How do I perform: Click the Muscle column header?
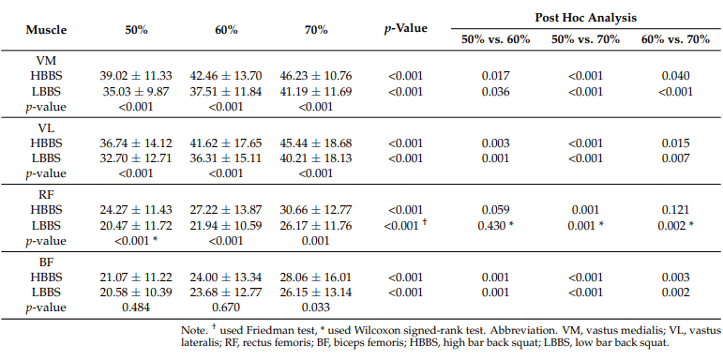click(46, 30)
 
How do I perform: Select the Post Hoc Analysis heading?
click(585, 18)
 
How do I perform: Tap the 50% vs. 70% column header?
click(585, 39)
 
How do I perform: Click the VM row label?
click(46, 60)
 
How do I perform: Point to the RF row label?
click(46, 194)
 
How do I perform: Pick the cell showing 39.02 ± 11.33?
click(136, 76)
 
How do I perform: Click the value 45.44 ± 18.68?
click(316, 142)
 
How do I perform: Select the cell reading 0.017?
click(496, 76)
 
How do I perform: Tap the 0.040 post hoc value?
click(675, 76)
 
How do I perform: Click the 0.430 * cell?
click(496, 225)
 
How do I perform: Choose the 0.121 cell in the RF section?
click(675, 210)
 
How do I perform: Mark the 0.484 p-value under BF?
click(136, 307)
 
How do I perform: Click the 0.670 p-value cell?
click(226, 307)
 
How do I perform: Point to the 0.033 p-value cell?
click(316, 307)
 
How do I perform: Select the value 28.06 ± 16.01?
click(316, 277)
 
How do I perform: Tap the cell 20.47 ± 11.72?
click(136, 225)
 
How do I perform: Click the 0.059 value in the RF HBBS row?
click(496, 210)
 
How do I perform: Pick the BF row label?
click(46, 262)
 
